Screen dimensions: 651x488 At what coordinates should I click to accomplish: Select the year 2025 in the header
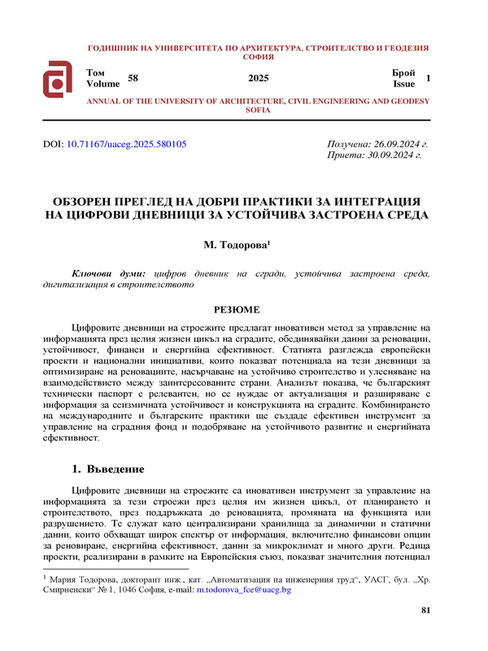point(258,78)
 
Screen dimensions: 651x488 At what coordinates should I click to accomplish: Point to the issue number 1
point(428,78)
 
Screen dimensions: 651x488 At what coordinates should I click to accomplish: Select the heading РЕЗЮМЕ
point(237,310)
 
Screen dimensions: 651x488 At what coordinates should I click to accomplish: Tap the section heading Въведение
point(116,470)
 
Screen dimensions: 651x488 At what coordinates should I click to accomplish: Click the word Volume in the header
point(102,83)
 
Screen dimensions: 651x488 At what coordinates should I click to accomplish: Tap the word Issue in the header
point(403,83)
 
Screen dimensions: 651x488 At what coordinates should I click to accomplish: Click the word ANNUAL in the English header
point(103,99)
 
